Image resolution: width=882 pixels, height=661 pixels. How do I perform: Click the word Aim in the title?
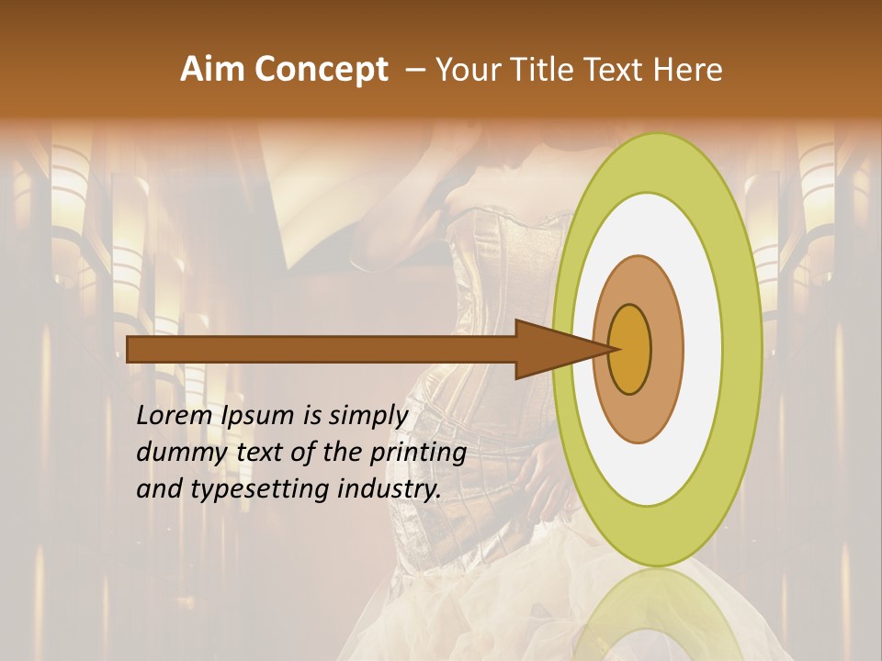[x=213, y=70]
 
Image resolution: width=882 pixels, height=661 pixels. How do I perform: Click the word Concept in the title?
[x=321, y=70]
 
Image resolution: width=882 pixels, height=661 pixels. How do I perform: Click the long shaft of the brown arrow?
[x=322, y=349]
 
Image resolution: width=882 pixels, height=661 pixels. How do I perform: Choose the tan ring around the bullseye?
[x=666, y=349]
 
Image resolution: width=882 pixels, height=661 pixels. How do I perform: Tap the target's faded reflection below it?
[x=657, y=615]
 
